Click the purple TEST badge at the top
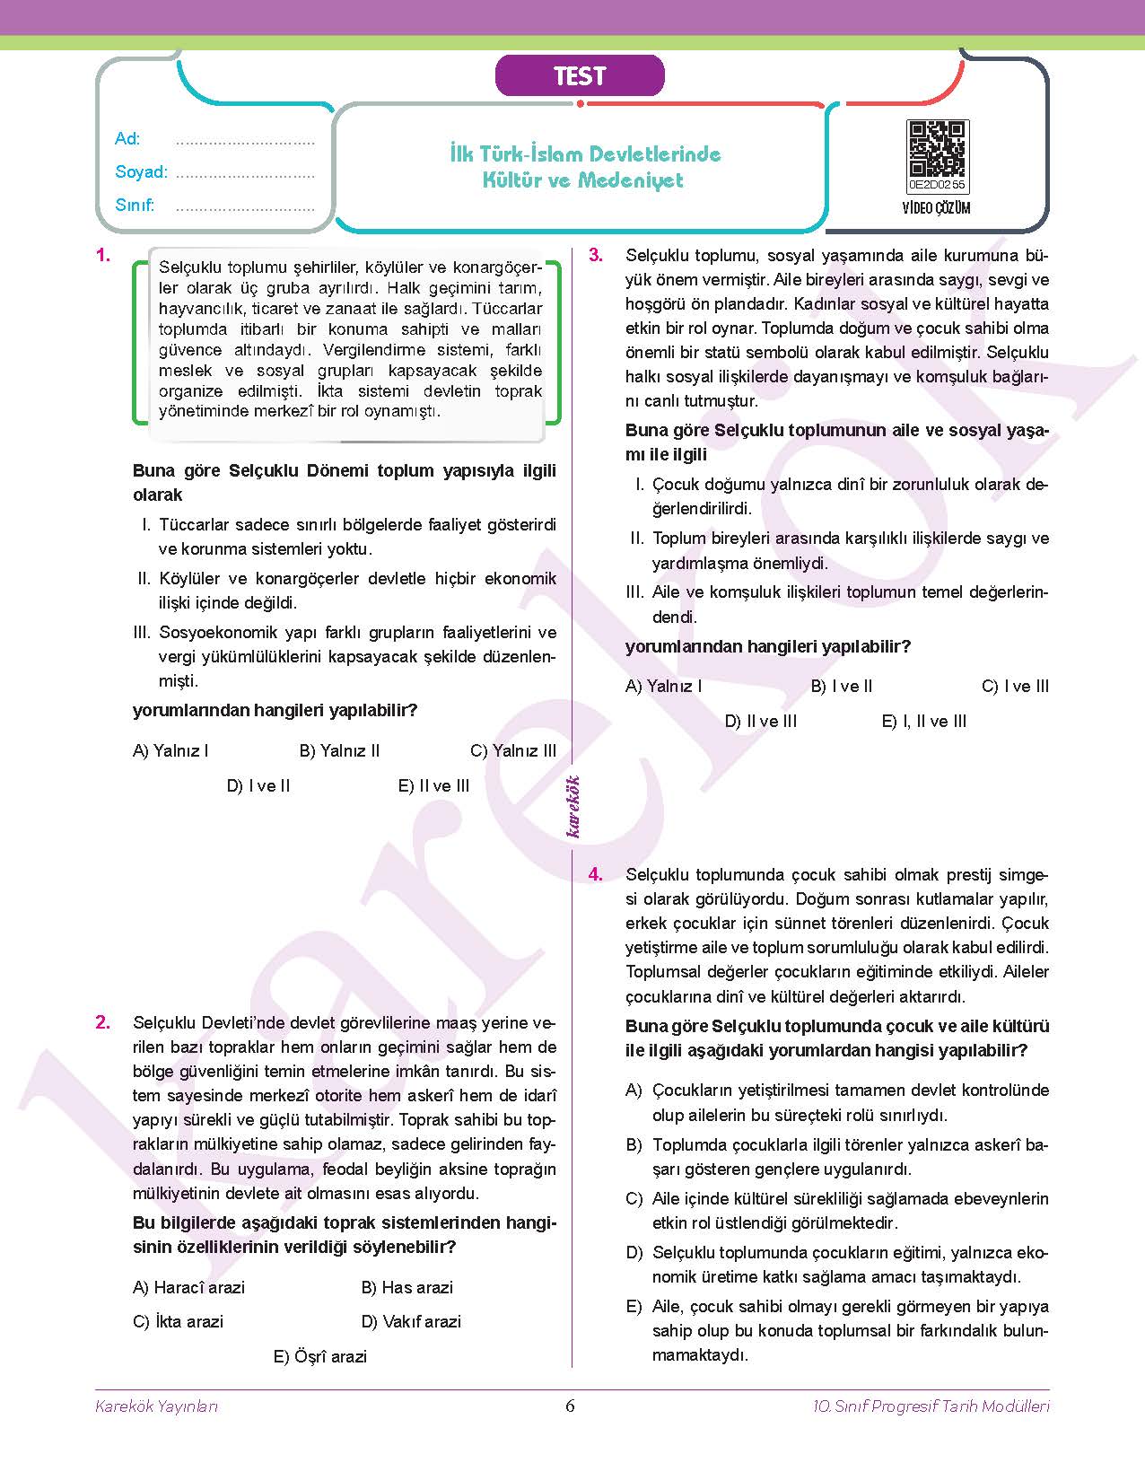(x=580, y=76)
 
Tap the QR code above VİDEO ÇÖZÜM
(x=937, y=149)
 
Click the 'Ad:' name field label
(x=127, y=139)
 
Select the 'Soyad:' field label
(x=141, y=172)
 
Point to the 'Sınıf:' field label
(x=135, y=206)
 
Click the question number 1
(x=103, y=255)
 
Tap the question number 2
(x=103, y=1022)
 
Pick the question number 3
(x=596, y=255)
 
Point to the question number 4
(x=596, y=874)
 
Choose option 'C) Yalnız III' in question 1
(x=512, y=751)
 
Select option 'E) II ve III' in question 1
(x=433, y=786)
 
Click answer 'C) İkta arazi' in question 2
(x=178, y=1322)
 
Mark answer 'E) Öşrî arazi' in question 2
(x=320, y=1357)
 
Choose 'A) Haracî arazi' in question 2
(x=188, y=1288)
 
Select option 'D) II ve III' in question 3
(x=760, y=722)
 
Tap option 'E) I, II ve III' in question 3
(x=923, y=722)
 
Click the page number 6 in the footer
(x=570, y=1406)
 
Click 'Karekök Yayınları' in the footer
(x=156, y=1406)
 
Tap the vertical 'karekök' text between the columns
(x=573, y=806)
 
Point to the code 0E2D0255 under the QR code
(x=937, y=185)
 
